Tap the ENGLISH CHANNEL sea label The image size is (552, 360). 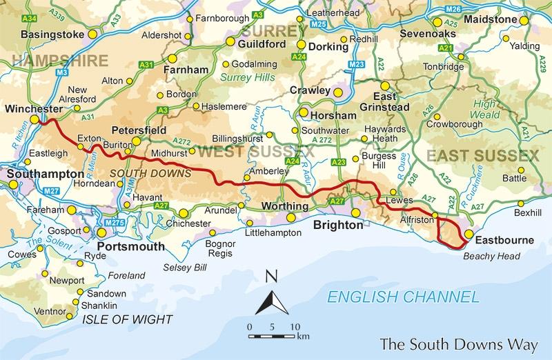tap(403, 297)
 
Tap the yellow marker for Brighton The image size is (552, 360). tap(355, 213)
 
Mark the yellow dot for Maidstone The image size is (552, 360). tap(524, 21)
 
